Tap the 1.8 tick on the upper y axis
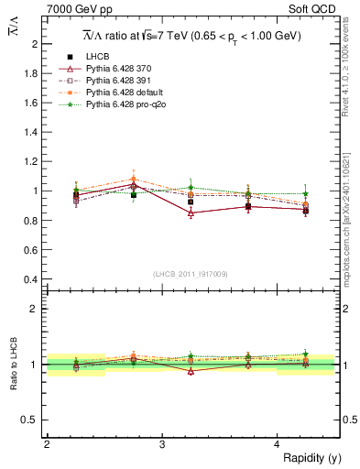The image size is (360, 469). click(x=31, y=73)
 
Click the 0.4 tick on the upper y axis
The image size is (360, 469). click(x=31, y=279)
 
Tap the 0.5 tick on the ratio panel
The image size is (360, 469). click(x=31, y=420)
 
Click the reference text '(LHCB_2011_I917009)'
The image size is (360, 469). click(x=191, y=274)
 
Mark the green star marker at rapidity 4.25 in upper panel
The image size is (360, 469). click(x=305, y=194)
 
